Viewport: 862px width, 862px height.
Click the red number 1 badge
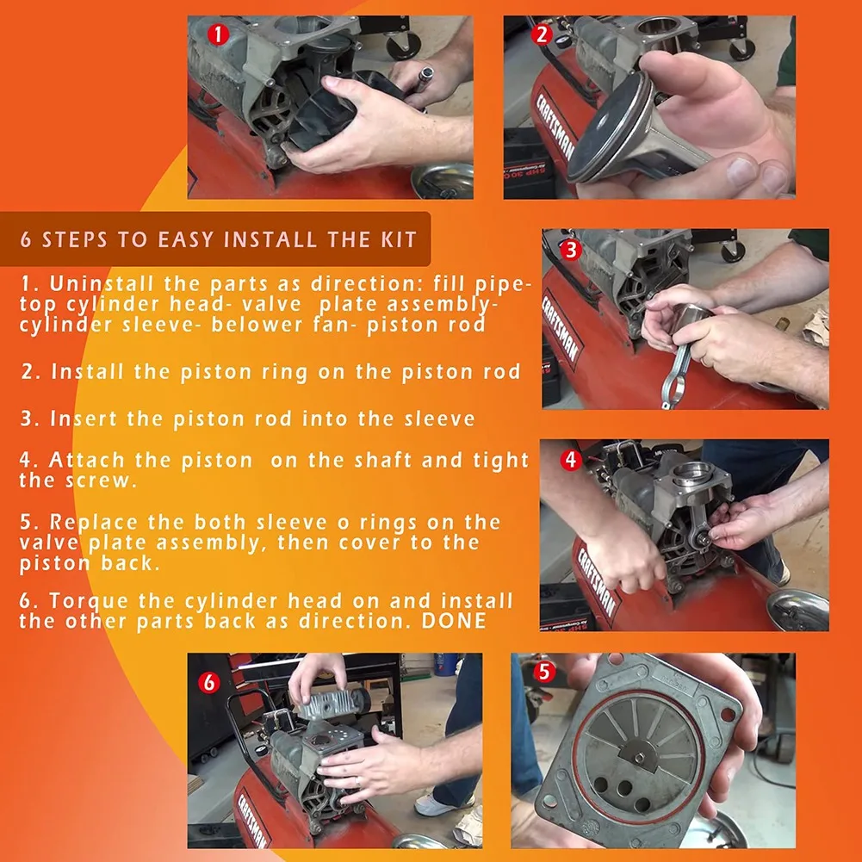[219, 35]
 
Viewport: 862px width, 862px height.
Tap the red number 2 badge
[542, 35]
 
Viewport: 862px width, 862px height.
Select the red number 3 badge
[569, 250]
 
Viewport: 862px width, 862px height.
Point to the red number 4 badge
[570, 460]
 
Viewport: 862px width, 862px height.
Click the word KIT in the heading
[394, 239]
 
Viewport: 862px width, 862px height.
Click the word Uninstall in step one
[97, 283]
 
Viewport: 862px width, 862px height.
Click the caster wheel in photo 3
[732, 251]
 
